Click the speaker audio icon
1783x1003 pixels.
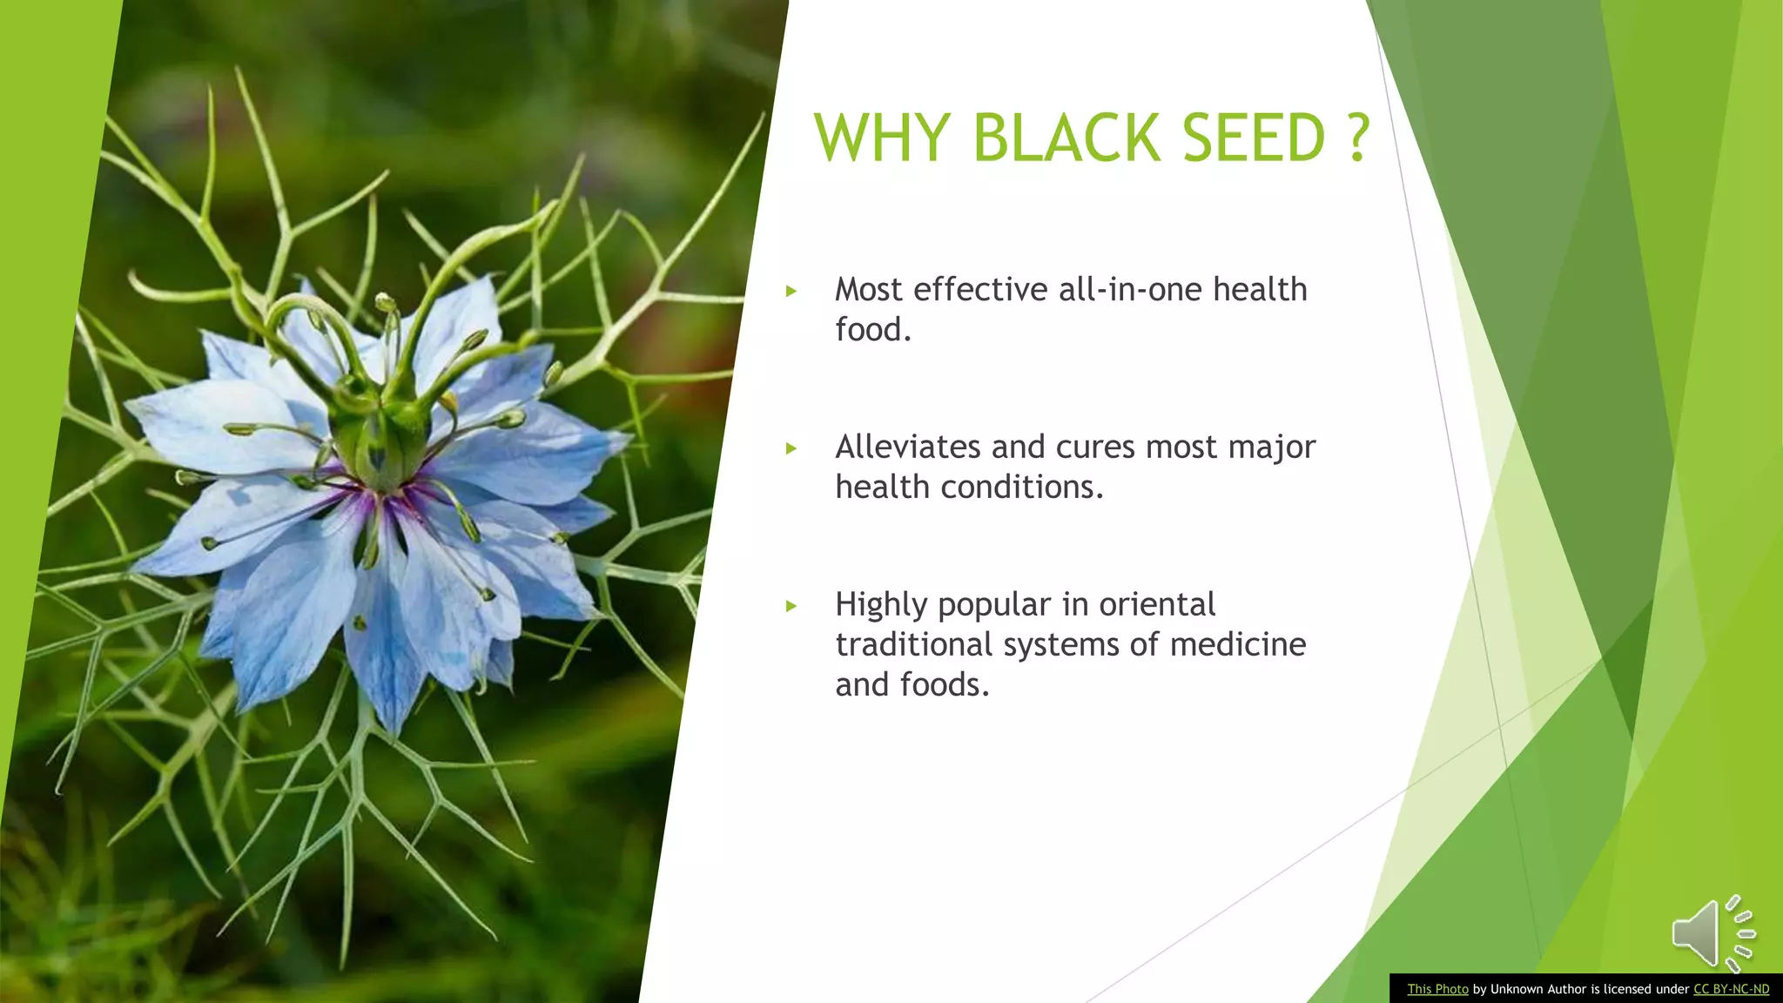(x=1712, y=933)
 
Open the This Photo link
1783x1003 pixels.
(x=1437, y=989)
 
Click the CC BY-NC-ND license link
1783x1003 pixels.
(x=1731, y=989)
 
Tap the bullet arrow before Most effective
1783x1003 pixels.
(x=791, y=291)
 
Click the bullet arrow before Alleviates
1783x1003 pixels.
(x=791, y=448)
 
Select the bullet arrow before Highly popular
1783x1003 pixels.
(x=791, y=606)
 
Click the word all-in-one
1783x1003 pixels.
(x=1130, y=289)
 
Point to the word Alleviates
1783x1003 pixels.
(x=908, y=447)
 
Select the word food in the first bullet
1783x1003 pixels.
(x=868, y=330)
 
